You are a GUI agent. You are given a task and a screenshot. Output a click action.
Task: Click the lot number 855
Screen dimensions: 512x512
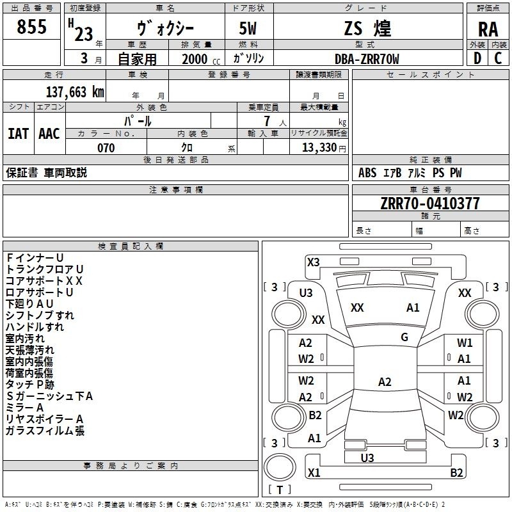point(31,26)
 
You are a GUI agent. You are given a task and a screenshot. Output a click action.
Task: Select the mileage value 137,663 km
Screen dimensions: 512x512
point(75,92)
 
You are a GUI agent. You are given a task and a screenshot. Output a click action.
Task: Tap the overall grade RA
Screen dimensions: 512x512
point(488,29)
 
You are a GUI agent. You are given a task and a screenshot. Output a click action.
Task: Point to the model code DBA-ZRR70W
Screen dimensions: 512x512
point(367,59)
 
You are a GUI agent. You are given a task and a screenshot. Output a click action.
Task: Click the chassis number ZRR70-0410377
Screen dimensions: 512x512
point(430,204)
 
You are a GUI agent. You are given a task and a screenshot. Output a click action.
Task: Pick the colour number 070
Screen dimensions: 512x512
point(106,148)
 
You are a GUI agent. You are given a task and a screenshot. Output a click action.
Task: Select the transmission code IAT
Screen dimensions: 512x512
point(19,134)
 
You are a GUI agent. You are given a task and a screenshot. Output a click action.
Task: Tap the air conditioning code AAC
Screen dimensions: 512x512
point(49,134)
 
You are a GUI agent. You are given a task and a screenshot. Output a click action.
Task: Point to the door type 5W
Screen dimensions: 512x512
point(248,28)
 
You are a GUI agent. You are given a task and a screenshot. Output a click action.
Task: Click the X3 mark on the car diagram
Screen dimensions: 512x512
point(313,262)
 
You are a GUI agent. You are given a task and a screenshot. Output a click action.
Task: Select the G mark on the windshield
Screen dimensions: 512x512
point(404,337)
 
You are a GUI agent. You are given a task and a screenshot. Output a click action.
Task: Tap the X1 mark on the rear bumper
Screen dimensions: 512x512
point(314,472)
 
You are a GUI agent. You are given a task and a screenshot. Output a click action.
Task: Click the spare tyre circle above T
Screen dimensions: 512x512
point(280,467)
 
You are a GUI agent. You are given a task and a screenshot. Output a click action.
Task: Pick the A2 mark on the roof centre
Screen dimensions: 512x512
point(385,381)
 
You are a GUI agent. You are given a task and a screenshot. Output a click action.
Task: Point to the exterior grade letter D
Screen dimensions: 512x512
point(477,58)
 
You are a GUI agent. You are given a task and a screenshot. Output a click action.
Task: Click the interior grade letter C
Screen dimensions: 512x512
point(498,58)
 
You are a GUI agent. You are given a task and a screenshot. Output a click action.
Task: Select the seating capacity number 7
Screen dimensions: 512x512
point(267,121)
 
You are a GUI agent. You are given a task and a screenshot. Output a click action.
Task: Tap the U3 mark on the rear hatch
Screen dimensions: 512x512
point(367,458)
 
